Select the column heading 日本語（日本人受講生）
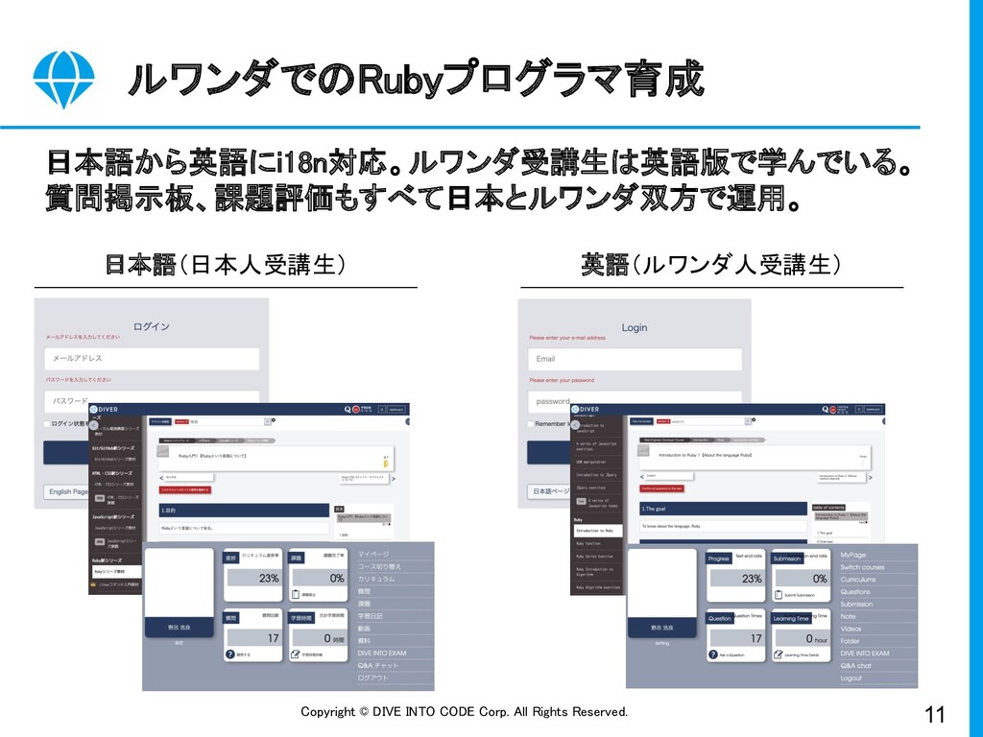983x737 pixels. pos(226,265)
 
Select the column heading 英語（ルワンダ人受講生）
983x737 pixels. pos(710,265)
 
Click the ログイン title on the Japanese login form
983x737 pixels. pos(152,326)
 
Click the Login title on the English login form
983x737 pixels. pos(635,327)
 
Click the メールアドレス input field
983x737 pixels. pos(152,359)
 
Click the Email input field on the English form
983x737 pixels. pos(635,359)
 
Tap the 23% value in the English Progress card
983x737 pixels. pos(752,579)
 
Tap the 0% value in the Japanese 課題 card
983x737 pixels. pos(337,579)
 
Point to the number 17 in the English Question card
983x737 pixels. pos(755,638)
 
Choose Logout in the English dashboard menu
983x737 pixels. pos(851,678)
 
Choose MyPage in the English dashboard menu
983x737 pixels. pos(853,555)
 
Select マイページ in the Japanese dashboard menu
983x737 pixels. pos(373,555)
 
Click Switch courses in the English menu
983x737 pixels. pos(862,567)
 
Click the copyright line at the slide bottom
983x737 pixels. pos(465,712)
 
